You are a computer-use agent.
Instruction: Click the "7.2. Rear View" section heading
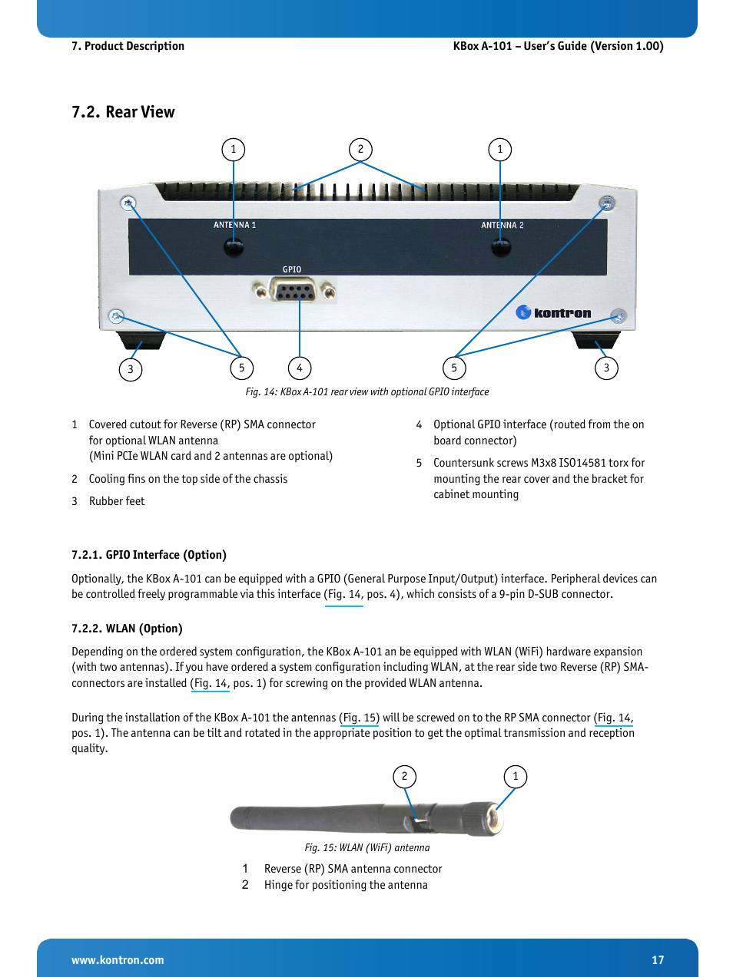click(x=123, y=112)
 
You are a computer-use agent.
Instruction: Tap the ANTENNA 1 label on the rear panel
click(x=234, y=225)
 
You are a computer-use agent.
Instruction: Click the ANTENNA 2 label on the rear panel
click(x=502, y=225)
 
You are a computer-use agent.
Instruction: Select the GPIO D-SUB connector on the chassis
click(x=294, y=292)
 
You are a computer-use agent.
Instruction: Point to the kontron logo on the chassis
click(x=554, y=312)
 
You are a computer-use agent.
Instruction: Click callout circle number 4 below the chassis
click(x=300, y=368)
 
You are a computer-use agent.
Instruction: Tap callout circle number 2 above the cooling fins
click(x=360, y=150)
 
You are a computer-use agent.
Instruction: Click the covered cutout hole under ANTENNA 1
click(x=234, y=247)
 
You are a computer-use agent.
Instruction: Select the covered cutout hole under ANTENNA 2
click(x=501, y=247)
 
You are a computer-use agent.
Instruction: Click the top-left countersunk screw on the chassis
click(x=128, y=203)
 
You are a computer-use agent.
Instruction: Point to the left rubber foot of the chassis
click(x=141, y=340)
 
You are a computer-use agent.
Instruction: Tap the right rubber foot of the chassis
click(x=596, y=339)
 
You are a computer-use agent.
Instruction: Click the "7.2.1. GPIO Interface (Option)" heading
click(x=149, y=555)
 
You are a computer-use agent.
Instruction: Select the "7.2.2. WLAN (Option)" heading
click(x=127, y=629)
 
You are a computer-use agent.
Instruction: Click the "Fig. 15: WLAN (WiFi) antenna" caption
click(x=366, y=848)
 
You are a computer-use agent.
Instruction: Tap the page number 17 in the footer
click(x=658, y=960)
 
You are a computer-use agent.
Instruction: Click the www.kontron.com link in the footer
click(x=118, y=960)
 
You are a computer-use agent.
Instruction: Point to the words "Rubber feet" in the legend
click(x=117, y=501)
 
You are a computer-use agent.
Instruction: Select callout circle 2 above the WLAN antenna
click(x=404, y=777)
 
